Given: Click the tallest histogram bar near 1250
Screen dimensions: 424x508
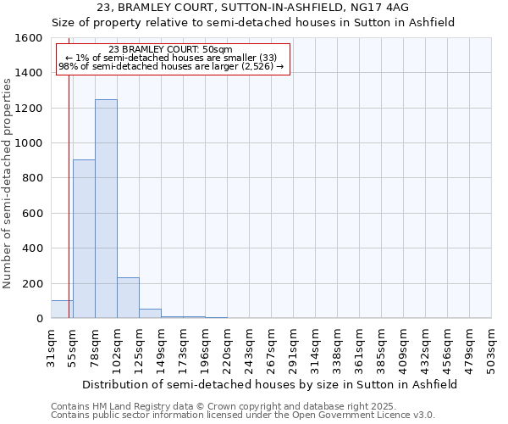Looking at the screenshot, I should (x=106, y=209).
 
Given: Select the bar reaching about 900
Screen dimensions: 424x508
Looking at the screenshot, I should (x=84, y=239).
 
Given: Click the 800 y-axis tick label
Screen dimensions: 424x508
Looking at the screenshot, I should (x=33, y=178).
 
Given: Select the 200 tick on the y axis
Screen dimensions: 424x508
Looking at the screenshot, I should (x=33, y=283).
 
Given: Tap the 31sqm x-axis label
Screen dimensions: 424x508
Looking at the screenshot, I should (x=52, y=349).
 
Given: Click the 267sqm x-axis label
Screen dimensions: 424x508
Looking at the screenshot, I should (x=272, y=349).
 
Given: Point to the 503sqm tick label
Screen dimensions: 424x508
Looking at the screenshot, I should (x=492, y=349).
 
